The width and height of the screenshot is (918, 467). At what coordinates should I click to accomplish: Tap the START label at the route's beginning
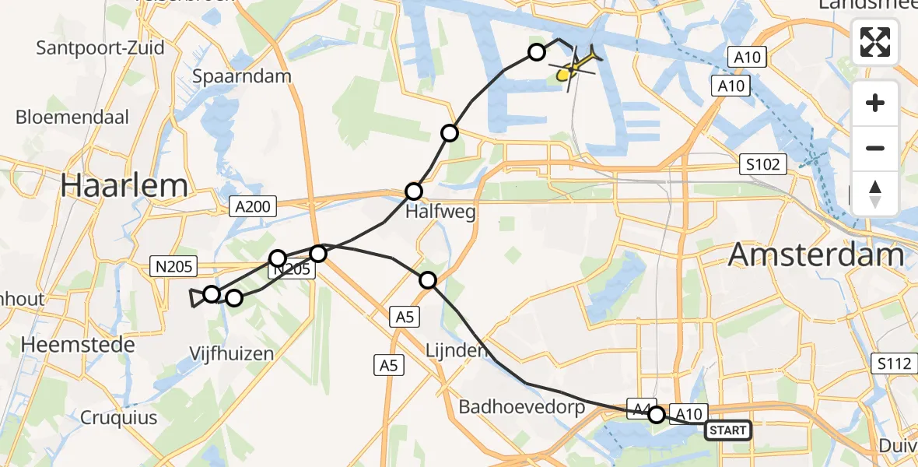(x=727, y=430)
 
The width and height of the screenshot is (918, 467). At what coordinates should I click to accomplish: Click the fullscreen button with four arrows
(x=875, y=42)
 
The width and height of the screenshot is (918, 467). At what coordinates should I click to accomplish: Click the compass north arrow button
(x=875, y=193)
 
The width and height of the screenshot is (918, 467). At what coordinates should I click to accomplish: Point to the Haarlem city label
(x=124, y=185)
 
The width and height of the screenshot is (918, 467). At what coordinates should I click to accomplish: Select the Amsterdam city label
(x=816, y=255)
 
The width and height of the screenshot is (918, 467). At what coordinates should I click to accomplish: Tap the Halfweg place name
(x=440, y=212)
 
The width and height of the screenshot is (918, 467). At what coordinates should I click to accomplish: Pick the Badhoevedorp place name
(x=521, y=407)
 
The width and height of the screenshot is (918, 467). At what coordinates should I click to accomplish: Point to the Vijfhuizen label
(x=232, y=353)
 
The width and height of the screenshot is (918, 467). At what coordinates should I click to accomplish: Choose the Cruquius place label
(x=119, y=417)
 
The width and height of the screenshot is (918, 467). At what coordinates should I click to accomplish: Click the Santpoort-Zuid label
(x=100, y=47)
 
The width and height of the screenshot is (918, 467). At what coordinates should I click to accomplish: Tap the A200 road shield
(x=252, y=205)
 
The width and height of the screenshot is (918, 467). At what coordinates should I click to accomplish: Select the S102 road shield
(x=764, y=164)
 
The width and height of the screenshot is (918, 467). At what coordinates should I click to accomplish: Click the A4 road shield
(x=639, y=409)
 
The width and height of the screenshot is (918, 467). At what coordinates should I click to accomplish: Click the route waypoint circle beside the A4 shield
(x=657, y=415)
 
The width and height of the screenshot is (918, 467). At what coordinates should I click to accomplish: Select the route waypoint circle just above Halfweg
(x=414, y=191)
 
